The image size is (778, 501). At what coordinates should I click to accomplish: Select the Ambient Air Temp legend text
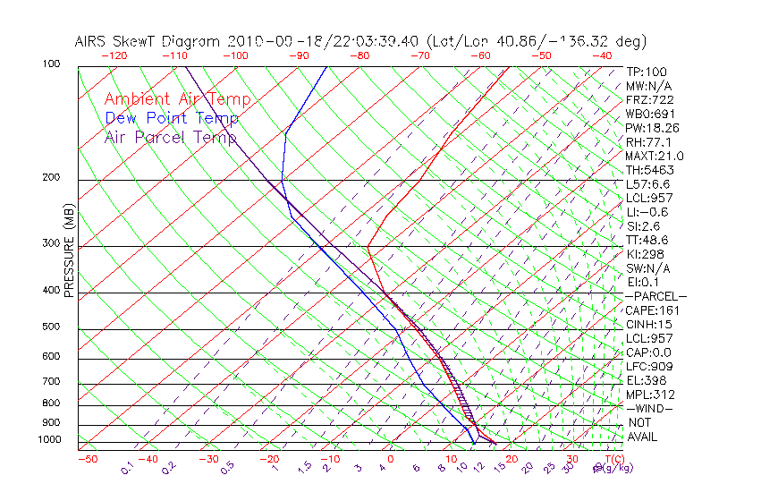(x=178, y=99)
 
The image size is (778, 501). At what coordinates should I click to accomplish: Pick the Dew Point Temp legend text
(x=172, y=118)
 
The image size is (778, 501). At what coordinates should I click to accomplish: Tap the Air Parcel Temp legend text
(x=171, y=137)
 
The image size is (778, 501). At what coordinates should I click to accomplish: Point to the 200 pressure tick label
(x=52, y=177)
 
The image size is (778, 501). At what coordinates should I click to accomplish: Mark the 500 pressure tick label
(x=52, y=327)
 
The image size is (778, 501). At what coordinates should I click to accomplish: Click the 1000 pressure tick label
(x=50, y=440)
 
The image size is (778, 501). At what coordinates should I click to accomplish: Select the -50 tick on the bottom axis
(x=87, y=460)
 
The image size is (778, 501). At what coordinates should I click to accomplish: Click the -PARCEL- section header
(x=655, y=296)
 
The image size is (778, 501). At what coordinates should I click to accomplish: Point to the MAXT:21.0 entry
(x=655, y=156)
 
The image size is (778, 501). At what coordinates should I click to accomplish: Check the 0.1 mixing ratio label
(x=128, y=468)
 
